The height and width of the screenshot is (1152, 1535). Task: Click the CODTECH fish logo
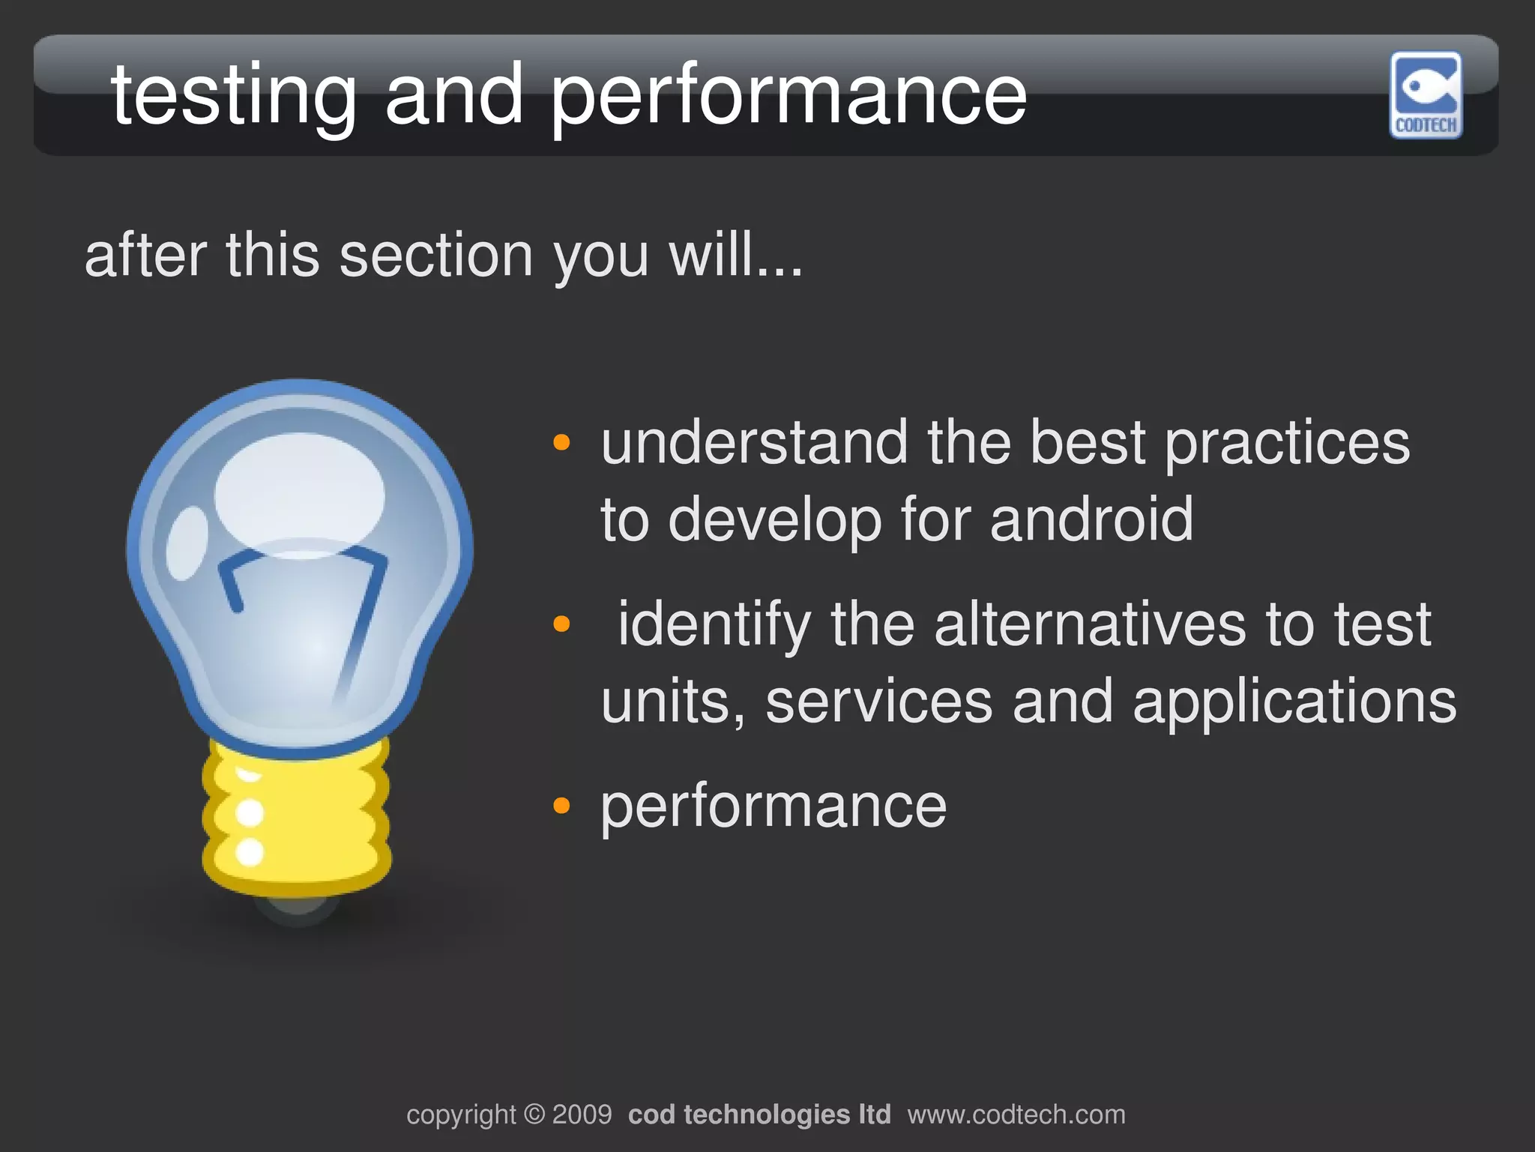pos(1426,94)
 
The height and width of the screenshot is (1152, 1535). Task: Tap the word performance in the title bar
pos(788,95)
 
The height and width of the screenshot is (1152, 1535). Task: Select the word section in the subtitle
pos(435,256)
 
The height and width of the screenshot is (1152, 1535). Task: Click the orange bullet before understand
pos(561,443)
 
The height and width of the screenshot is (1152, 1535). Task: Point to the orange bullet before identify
pos(561,624)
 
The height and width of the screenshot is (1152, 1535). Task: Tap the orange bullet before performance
pos(561,806)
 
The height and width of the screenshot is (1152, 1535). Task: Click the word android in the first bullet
pos(1091,519)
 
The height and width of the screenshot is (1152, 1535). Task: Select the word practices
pos(1287,443)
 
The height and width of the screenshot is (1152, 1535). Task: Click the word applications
pos(1294,702)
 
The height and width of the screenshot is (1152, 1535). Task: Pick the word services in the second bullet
pos(878,702)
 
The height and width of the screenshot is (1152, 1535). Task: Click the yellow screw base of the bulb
pos(297,817)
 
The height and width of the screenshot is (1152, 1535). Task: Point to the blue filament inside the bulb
pos(364,615)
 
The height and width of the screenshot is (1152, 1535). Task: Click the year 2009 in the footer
pos(582,1115)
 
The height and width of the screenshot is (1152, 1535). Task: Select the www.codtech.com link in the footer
pos(1016,1115)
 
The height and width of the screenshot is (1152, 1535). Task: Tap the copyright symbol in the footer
pos(534,1115)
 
